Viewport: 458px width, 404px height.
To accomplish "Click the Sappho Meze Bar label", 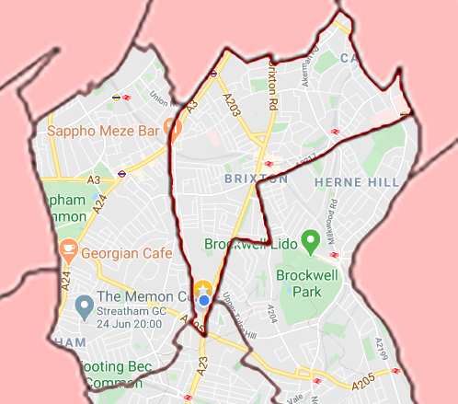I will click(103, 131).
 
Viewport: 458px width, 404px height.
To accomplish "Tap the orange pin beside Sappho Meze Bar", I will click(171, 129).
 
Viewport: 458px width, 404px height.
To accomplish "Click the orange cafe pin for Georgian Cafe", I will click(68, 248).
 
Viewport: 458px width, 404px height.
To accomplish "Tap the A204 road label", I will click(272, 313).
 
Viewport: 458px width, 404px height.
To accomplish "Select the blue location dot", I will click(203, 300).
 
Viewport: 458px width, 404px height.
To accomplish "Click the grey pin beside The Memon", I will click(84, 303).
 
